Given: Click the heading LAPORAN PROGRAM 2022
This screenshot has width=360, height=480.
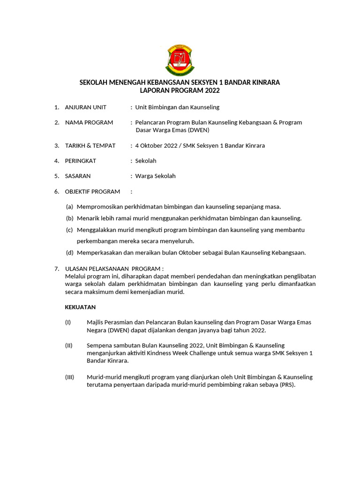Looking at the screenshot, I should (180, 90).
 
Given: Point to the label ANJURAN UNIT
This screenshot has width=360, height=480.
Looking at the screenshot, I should (86, 107).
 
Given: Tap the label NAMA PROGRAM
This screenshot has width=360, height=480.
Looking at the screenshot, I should (89, 122).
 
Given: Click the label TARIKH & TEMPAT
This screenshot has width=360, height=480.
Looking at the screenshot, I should (90, 146).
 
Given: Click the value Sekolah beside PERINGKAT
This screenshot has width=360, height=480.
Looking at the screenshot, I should (146, 161).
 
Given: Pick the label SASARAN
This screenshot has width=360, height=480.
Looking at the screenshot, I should (78, 176).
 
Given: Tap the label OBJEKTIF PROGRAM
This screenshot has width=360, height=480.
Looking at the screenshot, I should (92, 192).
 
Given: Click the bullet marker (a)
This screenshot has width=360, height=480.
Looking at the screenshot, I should (69, 207).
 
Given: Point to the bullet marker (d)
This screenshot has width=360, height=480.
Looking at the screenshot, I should (69, 253).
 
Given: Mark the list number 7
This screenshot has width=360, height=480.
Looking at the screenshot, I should (57, 269).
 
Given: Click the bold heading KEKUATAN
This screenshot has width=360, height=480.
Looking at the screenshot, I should (80, 307).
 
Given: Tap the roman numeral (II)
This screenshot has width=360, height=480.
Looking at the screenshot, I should (69, 345).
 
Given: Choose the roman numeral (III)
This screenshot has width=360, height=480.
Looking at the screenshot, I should (69, 377).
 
